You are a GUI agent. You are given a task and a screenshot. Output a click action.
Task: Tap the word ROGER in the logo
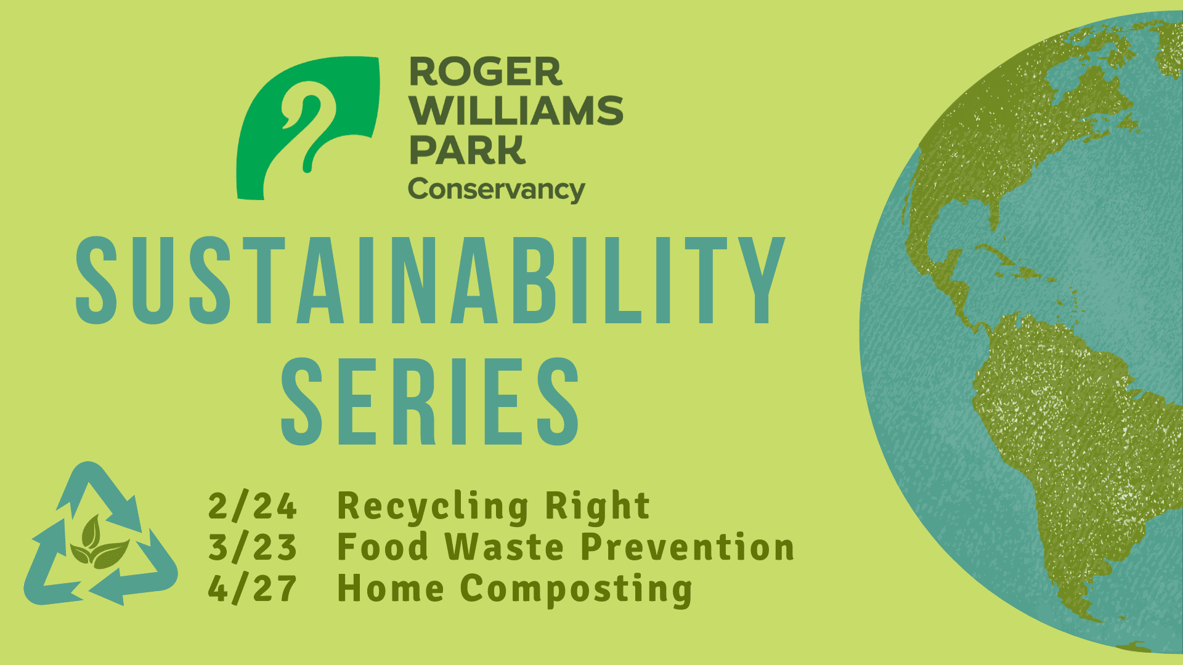tap(486, 72)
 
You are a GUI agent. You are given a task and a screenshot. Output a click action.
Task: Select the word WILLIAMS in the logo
tap(516, 111)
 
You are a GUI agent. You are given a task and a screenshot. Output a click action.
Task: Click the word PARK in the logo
tap(468, 150)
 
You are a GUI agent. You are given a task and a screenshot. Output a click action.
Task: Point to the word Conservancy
tap(497, 190)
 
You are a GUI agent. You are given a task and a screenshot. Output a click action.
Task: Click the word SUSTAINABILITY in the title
tap(431, 280)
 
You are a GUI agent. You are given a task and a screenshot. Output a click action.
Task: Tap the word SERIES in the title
tap(430, 401)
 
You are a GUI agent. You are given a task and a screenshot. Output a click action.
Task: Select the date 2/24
tap(253, 506)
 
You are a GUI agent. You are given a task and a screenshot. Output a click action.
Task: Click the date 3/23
tap(253, 547)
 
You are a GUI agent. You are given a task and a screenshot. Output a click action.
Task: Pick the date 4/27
tap(253, 589)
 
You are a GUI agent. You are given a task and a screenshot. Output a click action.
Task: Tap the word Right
tap(597, 507)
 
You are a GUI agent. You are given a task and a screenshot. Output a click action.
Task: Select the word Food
tap(383, 547)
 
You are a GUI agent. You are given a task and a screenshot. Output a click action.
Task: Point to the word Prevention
tap(688, 547)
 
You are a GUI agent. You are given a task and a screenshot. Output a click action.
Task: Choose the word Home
tap(391, 589)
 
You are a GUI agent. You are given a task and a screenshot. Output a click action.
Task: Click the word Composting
tap(576, 590)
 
